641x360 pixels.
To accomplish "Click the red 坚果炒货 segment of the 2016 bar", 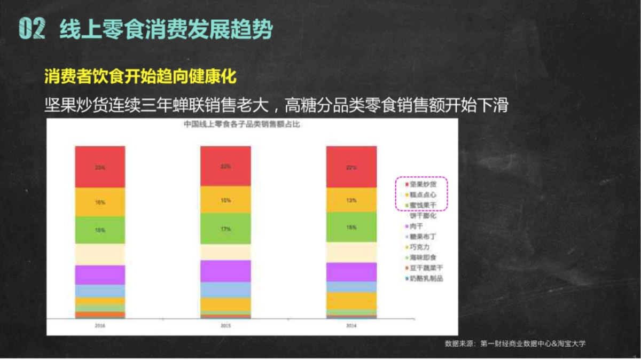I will pyautogui.click(x=100, y=167).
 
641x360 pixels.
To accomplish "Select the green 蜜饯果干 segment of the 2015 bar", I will pyautogui.click(x=225, y=229).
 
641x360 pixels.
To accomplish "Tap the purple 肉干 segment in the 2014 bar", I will pyautogui.click(x=351, y=272).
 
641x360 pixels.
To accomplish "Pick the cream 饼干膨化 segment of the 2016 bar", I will pyautogui.click(x=100, y=254).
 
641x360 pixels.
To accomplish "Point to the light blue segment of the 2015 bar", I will pyautogui.click(x=225, y=289).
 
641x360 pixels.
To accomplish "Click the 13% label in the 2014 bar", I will pyautogui.click(x=351, y=200).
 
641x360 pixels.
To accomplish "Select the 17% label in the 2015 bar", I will pyautogui.click(x=225, y=229).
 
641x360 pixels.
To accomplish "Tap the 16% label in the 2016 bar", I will pyautogui.click(x=100, y=203).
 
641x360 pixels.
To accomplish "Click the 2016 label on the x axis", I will pyautogui.click(x=100, y=325).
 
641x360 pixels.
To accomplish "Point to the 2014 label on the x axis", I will pyautogui.click(x=351, y=325).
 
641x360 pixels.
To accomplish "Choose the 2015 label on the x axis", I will pyautogui.click(x=225, y=325).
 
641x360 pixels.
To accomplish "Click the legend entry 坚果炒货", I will pyautogui.click(x=423, y=184).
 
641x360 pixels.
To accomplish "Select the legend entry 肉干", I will pyautogui.click(x=416, y=226).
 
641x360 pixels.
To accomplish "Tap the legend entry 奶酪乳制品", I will pyautogui.click(x=426, y=278).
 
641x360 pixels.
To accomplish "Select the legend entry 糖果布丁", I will pyautogui.click(x=423, y=237).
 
